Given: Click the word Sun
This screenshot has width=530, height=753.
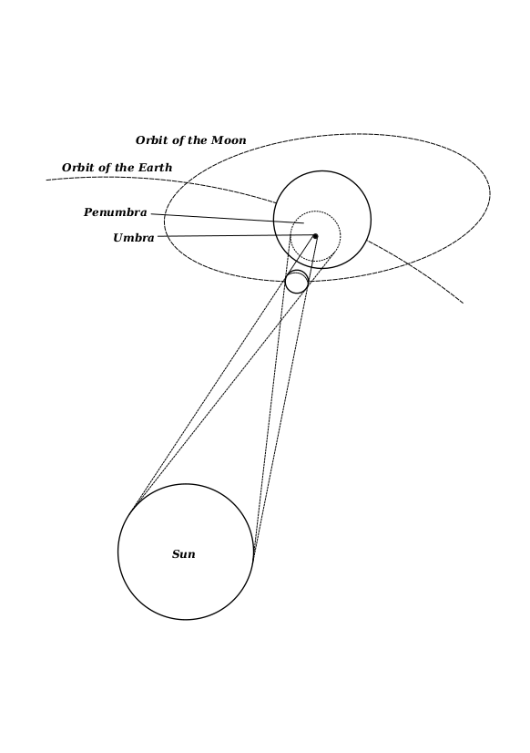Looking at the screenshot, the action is pos(184,554).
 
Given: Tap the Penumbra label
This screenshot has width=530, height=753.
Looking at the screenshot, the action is pos(115,212).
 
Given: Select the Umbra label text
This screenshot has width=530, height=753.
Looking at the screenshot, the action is pos(134,238).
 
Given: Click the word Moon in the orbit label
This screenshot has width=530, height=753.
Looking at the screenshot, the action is pos(229,140).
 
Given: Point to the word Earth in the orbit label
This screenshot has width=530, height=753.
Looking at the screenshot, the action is pos(156,168).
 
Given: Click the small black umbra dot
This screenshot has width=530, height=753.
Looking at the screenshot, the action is pos(315,236).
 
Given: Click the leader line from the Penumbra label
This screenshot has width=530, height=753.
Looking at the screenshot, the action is pos(228,219).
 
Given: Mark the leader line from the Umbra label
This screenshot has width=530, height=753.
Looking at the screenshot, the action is pos(236,235).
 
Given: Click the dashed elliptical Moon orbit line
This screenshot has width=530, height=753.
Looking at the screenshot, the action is pos(490,194).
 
